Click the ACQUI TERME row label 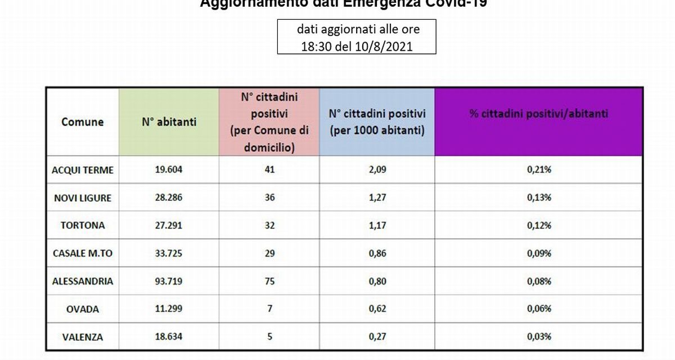tap(82, 170)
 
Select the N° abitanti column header tap(169, 121)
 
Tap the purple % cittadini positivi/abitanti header tap(538, 114)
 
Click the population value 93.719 tap(168, 281)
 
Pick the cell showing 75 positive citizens tap(269, 281)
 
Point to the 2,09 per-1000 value tap(377, 170)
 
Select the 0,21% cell tap(538, 170)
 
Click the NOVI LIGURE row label tap(82, 198)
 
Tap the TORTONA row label tap(82, 226)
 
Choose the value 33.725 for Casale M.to tap(168, 254)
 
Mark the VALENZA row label tap(82, 337)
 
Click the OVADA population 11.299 tap(168, 309)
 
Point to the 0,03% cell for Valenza tap(538, 337)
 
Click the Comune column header tap(82, 121)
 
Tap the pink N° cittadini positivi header tap(269, 121)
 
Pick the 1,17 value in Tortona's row tap(377, 226)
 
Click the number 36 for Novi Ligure tap(269, 198)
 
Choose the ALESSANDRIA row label tap(82, 281)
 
